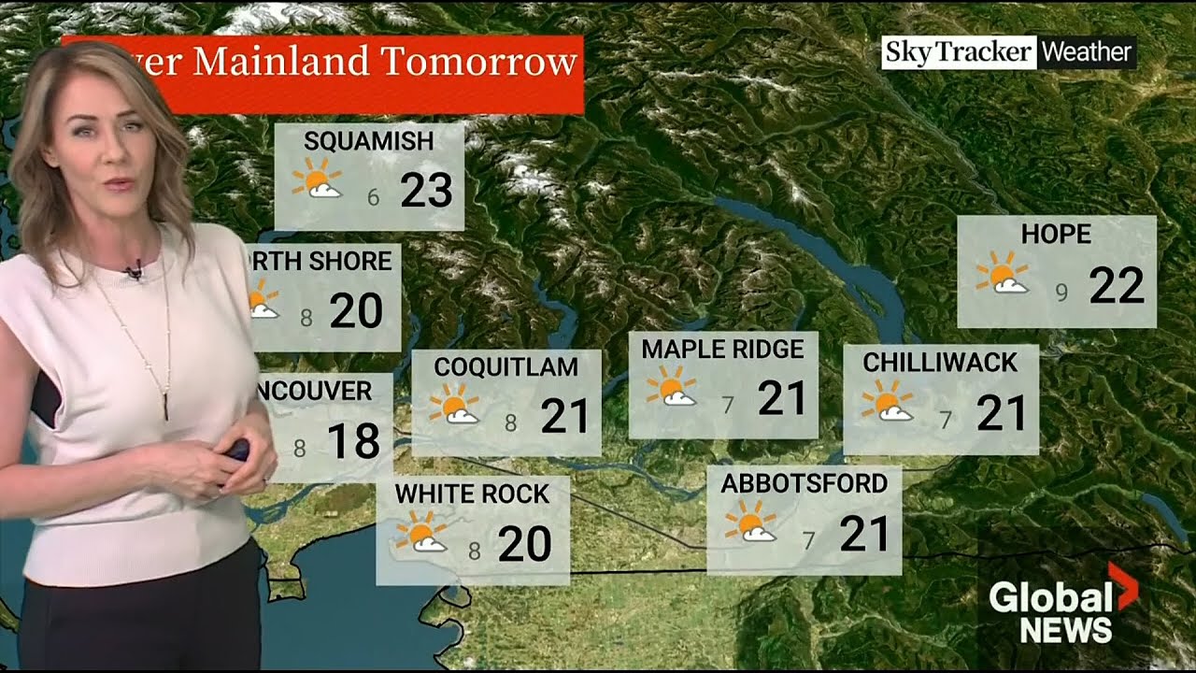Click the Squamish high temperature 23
click(x=426, y=191)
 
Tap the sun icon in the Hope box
click(x=1001, y=273)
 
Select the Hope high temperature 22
click(x=1116, y=285)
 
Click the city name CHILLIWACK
click(x=940, y=363)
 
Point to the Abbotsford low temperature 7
click(x=809, y=539)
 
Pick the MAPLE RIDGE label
click(x=722, y=350)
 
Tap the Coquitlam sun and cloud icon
click(x=453, y=404)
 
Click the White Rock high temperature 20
click(x=524, y=544)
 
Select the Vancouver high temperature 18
click(x=354, y=441)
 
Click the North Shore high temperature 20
click(x=356, y=310)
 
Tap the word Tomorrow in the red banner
click(x=479, y=63)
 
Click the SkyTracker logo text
click(x=958, y=52)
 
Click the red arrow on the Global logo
click(x=1123, y=584)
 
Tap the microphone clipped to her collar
click(x=135, y=272)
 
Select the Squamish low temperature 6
click(x=374, y=197)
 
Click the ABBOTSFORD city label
click(x=804, y=483)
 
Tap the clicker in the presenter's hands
click(x=237, y=450)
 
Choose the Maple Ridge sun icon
click(x=671, y=386)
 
